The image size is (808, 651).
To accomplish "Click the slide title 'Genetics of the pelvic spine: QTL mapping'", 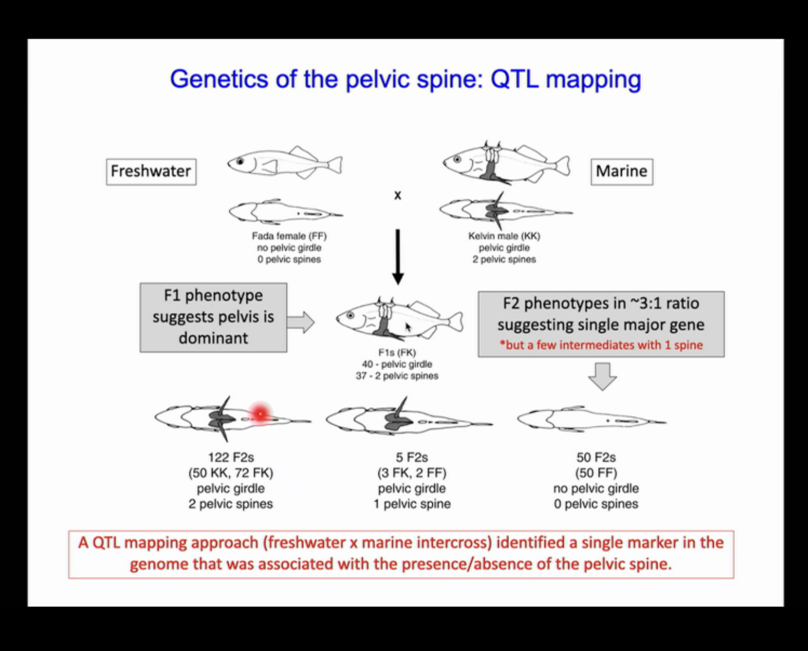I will [x=405, y=79].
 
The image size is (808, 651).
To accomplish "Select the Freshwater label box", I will [x=151, y=172].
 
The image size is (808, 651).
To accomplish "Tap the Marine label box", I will [x=621, y=172].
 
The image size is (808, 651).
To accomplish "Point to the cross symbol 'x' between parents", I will [x=397, y=195].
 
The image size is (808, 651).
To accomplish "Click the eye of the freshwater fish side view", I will [x=240, y=162].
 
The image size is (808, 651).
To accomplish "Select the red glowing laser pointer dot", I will [x=260, y=414].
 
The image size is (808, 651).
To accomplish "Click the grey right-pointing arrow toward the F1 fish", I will [x=300, y=322].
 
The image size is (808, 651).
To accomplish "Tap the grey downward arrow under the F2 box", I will [x=602, y=376].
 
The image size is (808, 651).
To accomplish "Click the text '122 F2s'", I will [x=231, y=458].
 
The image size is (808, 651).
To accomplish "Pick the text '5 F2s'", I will [x=412, y=458].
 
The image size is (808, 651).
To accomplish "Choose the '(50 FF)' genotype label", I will [x=596, y=473].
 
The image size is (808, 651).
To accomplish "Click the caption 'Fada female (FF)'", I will [x=289, y=236].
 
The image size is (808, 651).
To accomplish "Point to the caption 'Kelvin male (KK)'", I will [x=504, y=236].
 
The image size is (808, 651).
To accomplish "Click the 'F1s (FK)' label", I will [x=397, y=353].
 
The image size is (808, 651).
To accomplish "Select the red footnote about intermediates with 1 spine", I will [x=601, y=345].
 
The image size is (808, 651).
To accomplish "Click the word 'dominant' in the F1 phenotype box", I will [x=213, y=338].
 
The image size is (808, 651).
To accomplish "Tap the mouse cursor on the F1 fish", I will [x=408, y=327].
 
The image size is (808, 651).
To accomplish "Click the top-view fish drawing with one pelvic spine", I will [x=409, y=418].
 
